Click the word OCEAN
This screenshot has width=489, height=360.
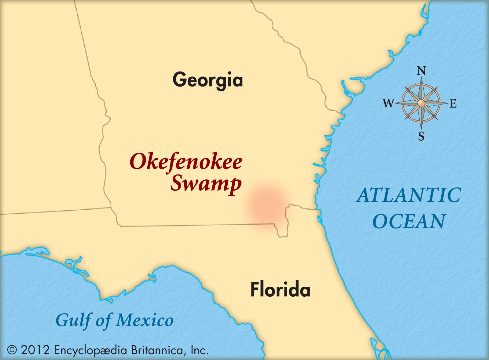[409, 221]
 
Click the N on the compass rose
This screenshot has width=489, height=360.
[421, 71]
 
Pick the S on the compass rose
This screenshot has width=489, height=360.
[421, 136]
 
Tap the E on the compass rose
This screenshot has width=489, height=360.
[453, 104]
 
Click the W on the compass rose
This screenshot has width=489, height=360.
[388, 104]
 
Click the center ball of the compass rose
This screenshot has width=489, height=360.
[421, 103]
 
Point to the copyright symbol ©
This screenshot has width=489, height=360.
[12, 350]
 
